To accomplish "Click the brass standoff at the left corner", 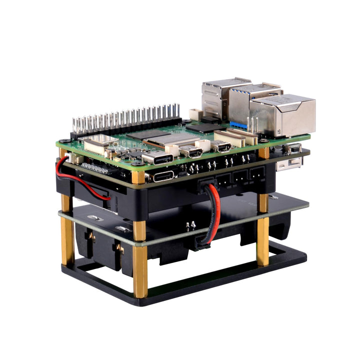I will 67,235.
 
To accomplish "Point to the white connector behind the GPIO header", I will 194,114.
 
